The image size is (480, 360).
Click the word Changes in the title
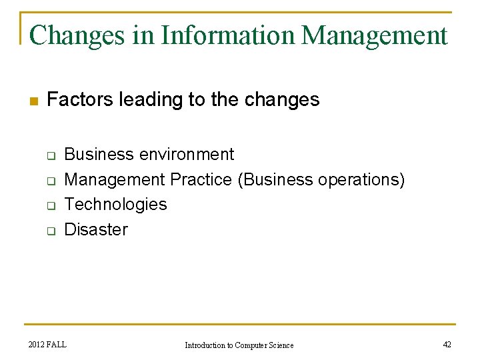(77, 35)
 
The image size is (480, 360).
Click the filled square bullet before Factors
(34, 101)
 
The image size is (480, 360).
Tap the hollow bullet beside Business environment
(50, 155)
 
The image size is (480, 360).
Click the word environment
(186, 155)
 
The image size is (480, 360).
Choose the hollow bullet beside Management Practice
(50, 181)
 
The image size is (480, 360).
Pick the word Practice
(202, 179)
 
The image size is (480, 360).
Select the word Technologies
(115, 204)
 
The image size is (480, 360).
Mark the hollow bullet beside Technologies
(50, 206)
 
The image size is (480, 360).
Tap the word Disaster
(95, 229)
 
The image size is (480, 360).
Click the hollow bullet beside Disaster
(50, 231)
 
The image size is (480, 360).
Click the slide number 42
(447, 345)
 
